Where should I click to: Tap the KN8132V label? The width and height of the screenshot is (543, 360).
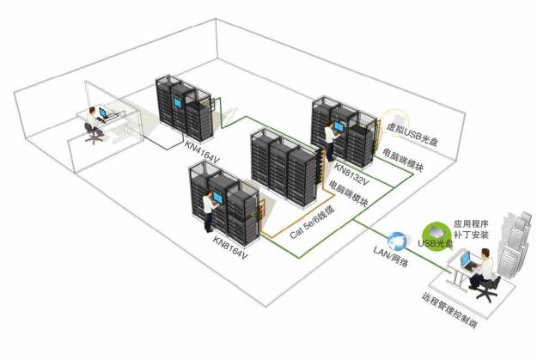[351, 174]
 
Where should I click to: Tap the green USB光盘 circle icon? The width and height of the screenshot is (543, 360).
[436, 233]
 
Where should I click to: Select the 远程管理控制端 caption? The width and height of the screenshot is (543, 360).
[449, 313]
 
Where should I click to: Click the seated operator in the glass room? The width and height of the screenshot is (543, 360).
[91, 125]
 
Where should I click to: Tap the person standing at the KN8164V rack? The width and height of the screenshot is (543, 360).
[209, 208]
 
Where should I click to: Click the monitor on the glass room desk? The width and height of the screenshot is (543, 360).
[103, 113]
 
